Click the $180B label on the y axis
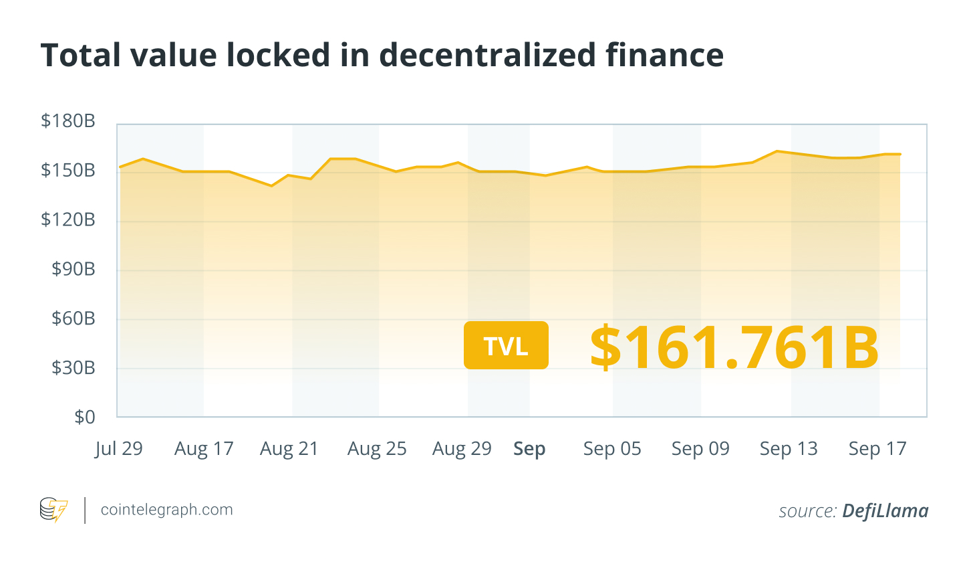pyautogui.click(x=68, y=121)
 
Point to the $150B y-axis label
pyautogui.click(x=68, y=171)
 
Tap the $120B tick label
pyautogui.click(x=68, y=219)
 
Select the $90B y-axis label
pyautogui.click(x=74, y=269)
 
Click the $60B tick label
pyautogui.click(x=74, y=318)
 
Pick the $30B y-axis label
pyautogui.click(x=74, y=368)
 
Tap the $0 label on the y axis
pyautogui.click(x=85, y=417)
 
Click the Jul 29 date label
pyautogui.click(x=119, y=448)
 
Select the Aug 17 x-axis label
pyautogui.click(x=204, y=448)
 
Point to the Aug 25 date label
pyautogui.click(x=377, y=448)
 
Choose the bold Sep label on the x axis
pyautogui.click(x=529, y=449)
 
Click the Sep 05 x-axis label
pyautogui.click(x=612, y=448)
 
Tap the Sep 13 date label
pyautogui.click(x=789, y=448)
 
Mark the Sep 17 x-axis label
pyautogui.click(x=877, y=448)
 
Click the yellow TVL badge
pyautogui.click(x=506, y=345)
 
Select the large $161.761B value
pyautogui.click(x=734, y=347)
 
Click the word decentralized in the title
pyautogui.click(x=487, y=55)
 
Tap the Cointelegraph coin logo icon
pyautogui.click(x=53, y=510)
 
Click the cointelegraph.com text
pyautogui.click(x=166, y=510)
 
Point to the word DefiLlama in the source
pyautogui.click(x=885, y=511)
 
